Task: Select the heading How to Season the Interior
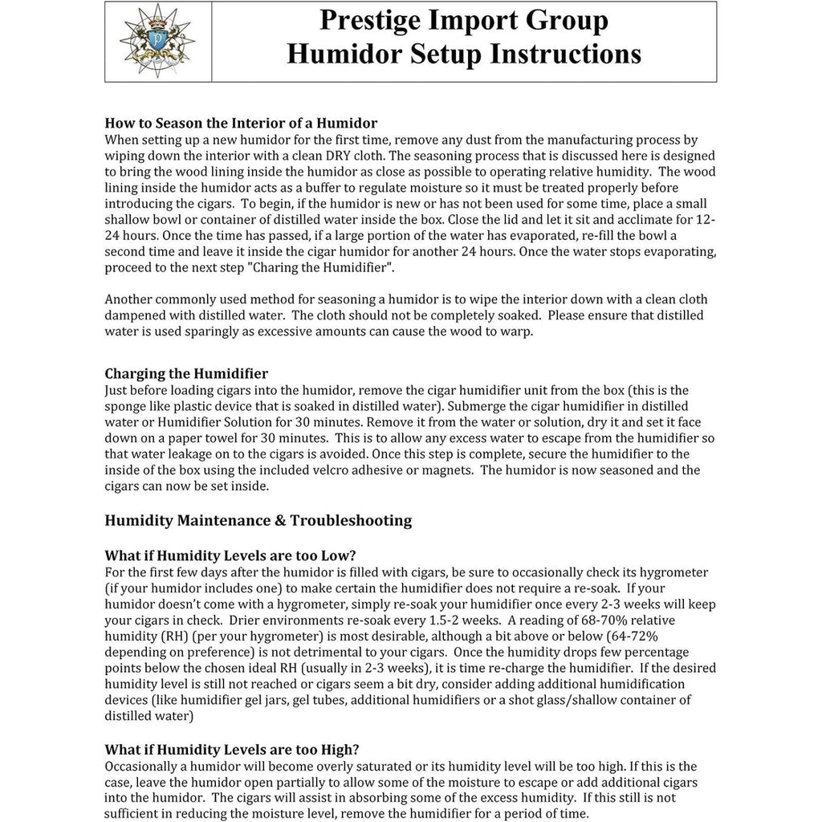(241, 124)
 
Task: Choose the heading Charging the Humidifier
(186, 373)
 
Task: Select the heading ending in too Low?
(230, 556)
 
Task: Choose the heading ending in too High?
(232, 750)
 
